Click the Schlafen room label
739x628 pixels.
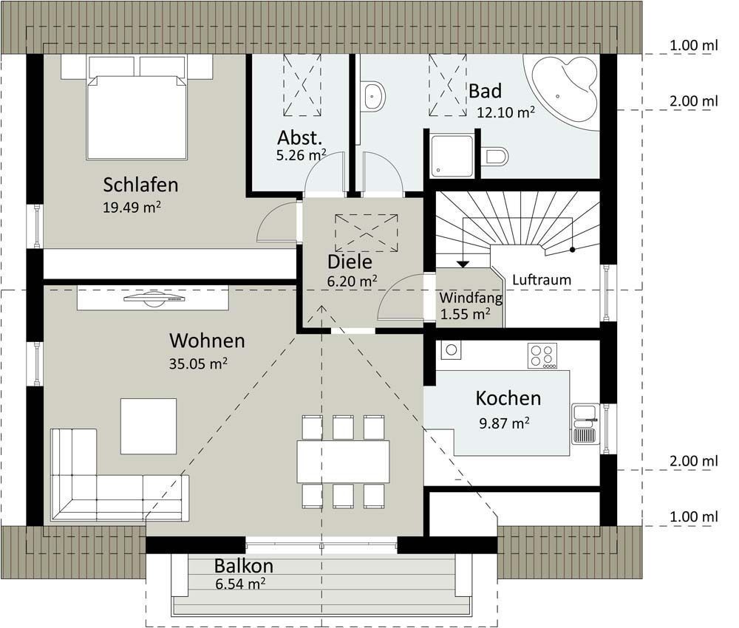pyautogui.click(x=140, y=185)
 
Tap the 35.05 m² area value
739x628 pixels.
pyautogui.click(x=198, y=364)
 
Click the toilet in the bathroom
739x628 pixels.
pyautogui.click(x=497, y=156)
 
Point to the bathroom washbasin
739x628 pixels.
pyautogui.click(x=374, y=97)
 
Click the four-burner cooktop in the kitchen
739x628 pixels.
pyautogui.click(x=542, y=356)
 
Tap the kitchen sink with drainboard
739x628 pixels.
pyautogui.click(x=585, y=424)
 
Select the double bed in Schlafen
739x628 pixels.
pyautogui.click(x=137, y=107)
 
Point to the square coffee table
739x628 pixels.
pyautogui.click(x=149, y=426)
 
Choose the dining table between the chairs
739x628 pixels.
pyautogui.click(x=343, y=461)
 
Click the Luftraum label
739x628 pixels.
pyautogui.click(x=542, y=280)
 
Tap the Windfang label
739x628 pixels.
pyautogui.click(x=471, y=298)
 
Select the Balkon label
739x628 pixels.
pyautogui.click(x=244, y=565)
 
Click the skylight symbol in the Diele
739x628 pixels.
pyautogui.click(x=367, y=233)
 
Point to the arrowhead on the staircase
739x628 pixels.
pyautogui.click(x=463, y=264)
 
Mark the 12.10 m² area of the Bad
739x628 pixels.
pyautogui.click(x=505, y=112)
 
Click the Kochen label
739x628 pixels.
pyautogui.click(x=508, y=398)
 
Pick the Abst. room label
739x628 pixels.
pyautogui.click(x=300, y=137)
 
